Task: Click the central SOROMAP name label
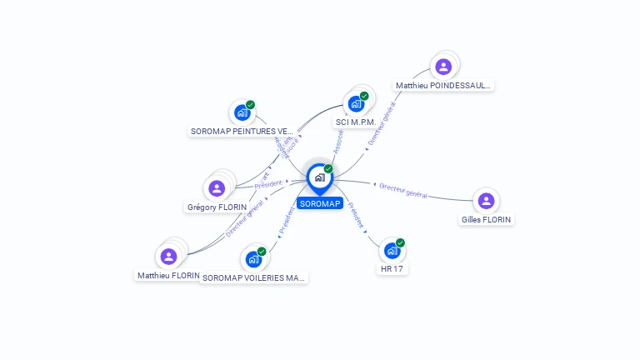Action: (x=320, y=203)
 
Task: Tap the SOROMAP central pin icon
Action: (x=319, y=177)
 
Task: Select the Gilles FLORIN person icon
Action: (x=486, y=201)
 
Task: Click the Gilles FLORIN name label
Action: (x=487, y=220)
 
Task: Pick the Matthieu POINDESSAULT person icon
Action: (x=443, y=67)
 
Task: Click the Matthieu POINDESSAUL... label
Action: (x=443, y=85)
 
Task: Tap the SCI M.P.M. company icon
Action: (x=357, y=104)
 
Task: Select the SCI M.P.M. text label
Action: (x=356, y=122)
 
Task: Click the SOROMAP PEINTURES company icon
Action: (x=242, y=112)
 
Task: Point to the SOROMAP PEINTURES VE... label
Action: (x=242, y=131)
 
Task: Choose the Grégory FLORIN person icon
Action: (x=217, y=188)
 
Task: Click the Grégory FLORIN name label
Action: (x=217, y=207)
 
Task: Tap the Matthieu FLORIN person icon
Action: (x=169, y=257)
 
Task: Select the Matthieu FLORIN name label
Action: (x=169, y=275)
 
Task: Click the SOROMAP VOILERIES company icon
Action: (x=253, y=259)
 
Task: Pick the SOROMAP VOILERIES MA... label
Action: (x=254, y=277)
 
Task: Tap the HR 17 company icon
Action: (x=392, y=251)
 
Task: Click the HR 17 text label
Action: (x=392, y=269)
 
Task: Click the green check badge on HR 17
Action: (x=400, y=243)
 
